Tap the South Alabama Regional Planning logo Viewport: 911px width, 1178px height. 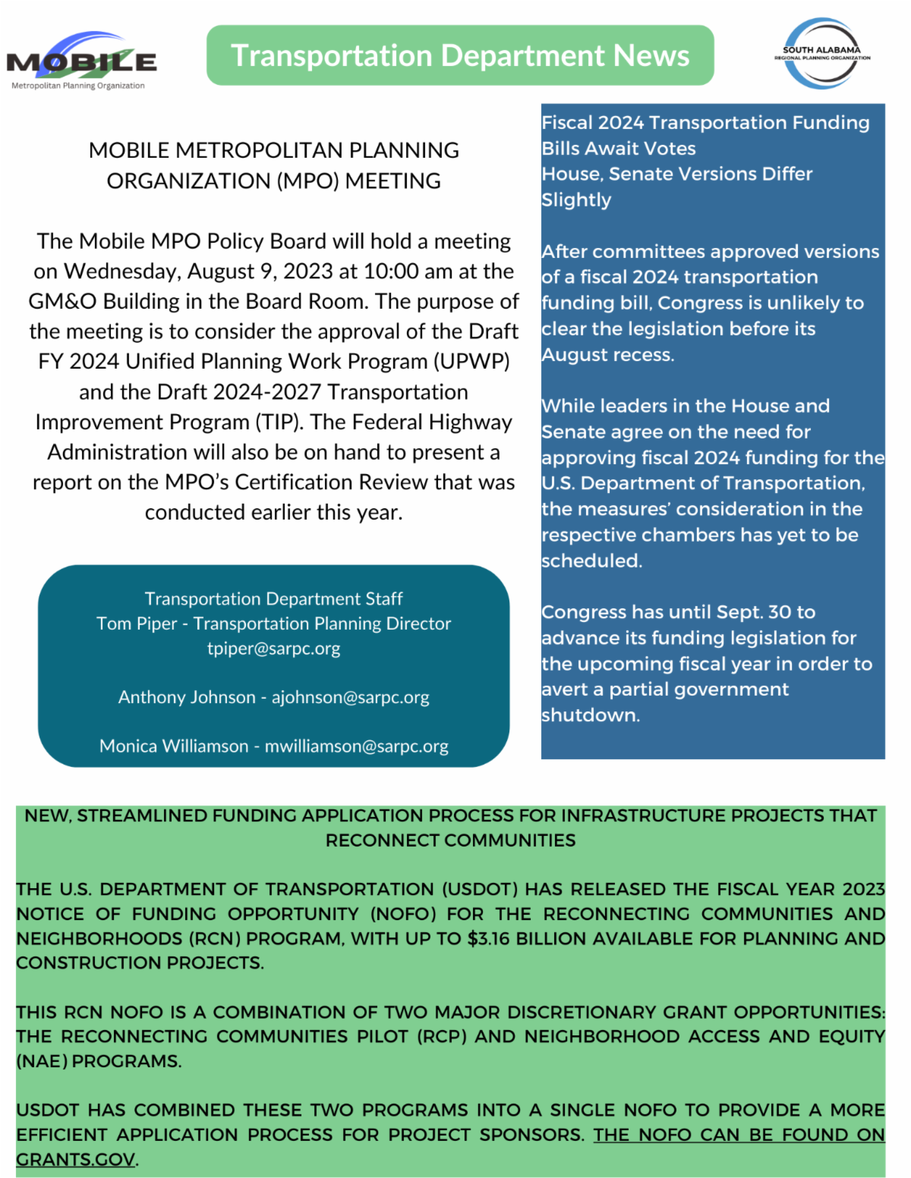coord(822,54)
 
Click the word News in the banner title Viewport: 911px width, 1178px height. coord(651,56)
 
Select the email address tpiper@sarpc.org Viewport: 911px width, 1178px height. coord(273,649)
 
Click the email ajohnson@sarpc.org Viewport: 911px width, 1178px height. coord(350,697)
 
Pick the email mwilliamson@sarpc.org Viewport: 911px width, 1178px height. coord(356,746)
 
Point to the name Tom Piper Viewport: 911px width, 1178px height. coord(137,624)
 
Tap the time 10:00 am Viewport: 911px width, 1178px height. coord(408,272)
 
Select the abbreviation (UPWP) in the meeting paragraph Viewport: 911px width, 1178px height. coord(471,362)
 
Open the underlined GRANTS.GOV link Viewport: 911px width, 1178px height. coord(76,1160)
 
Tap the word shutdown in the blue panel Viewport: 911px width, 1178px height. coord(590,715)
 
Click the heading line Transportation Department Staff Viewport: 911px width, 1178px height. coord(273,599)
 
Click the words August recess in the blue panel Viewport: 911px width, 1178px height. coord(607,355)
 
